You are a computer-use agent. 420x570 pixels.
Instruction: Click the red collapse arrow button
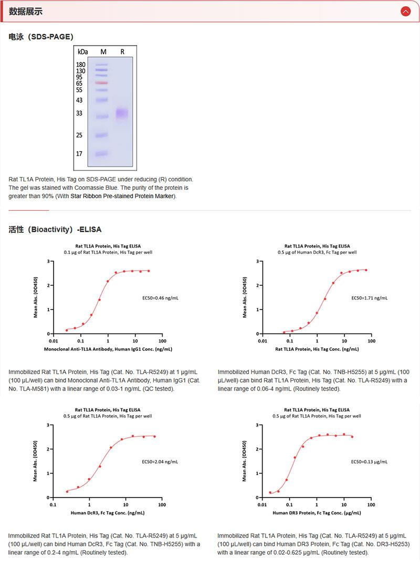[405, 11]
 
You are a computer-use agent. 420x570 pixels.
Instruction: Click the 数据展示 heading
[26, 11]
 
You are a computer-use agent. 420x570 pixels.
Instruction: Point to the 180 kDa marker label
[81, 64]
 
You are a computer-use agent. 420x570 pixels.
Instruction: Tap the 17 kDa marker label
[79, 154]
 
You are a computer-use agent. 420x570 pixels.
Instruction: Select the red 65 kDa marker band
[102, 83]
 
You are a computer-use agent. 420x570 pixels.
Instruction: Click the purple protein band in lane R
[122, 113]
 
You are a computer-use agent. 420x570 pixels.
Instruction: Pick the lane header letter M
[103, 52]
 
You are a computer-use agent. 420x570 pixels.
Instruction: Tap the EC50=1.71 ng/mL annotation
[369, 298]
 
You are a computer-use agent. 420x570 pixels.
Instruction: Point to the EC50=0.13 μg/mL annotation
[369, 461]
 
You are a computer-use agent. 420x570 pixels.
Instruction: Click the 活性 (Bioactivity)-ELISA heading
[55, 229]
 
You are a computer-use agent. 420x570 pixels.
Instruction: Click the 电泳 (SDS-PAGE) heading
[41, 37]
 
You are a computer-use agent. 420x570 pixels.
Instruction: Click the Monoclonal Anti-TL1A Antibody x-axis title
[108, 349]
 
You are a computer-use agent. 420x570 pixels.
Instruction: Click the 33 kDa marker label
[79, 113]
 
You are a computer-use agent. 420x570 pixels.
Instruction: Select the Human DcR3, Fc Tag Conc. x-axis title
[108, 512]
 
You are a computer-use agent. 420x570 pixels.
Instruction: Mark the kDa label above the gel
[82, 52]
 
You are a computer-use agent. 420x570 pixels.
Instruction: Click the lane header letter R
[122, 52]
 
